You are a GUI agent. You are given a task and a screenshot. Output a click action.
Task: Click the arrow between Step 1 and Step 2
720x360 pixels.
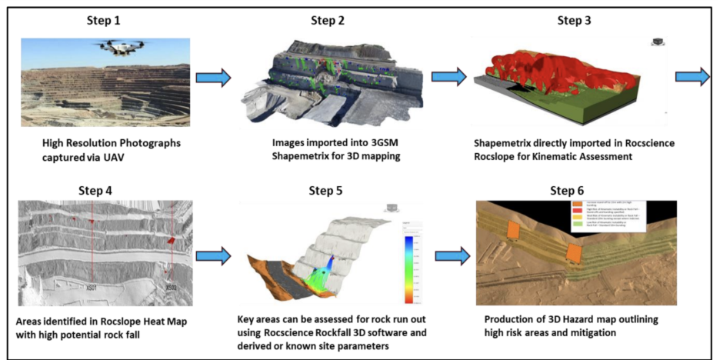pyautogui.click(x=214, y=77)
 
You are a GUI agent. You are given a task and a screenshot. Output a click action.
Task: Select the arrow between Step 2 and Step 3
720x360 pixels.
pyautogui.click(x=449, y=76)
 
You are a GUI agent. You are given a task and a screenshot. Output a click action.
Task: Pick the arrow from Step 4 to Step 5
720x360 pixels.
pyautogui.click(x=214, y=256)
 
